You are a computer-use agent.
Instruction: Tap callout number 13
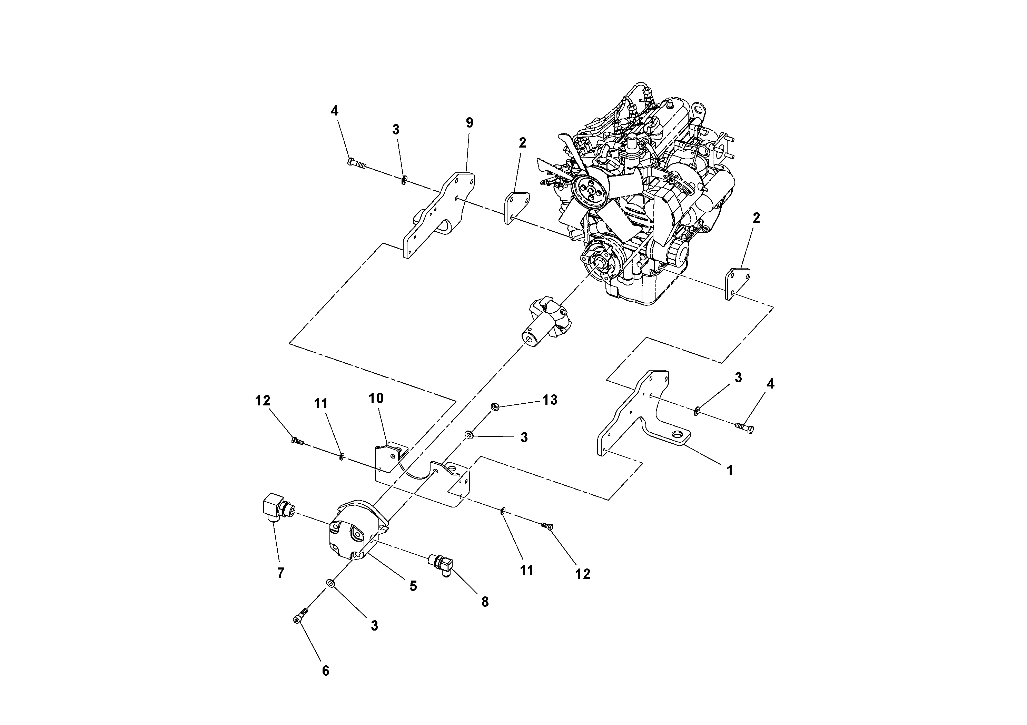[x=550, y=400]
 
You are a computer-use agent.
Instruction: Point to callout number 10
[x=376, y=398]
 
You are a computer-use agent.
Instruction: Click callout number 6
[x=325, y=671]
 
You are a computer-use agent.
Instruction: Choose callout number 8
[x=485, y=602]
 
